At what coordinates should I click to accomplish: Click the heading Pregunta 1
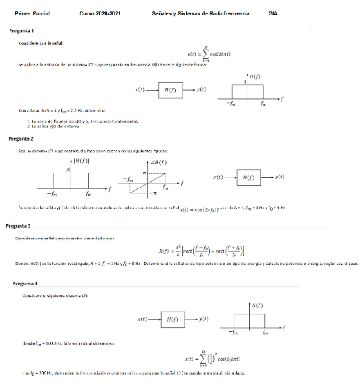(x=21, y=31)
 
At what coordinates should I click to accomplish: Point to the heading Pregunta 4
(x=25, y=283)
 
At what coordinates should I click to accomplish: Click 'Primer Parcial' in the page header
(x=32, y=14)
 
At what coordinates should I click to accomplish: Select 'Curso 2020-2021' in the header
(x=100, y=14)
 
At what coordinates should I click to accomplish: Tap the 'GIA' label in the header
(x=273, y=14)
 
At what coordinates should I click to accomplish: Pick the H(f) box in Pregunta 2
(x=248, y=177)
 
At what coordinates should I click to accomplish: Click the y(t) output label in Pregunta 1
(x=201, y=90)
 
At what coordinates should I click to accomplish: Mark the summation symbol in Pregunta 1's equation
(x=206, y=54)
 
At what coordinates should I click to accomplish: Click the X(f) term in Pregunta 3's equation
(x=164, y=250)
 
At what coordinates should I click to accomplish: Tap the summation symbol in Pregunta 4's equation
(x=203, y=359)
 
